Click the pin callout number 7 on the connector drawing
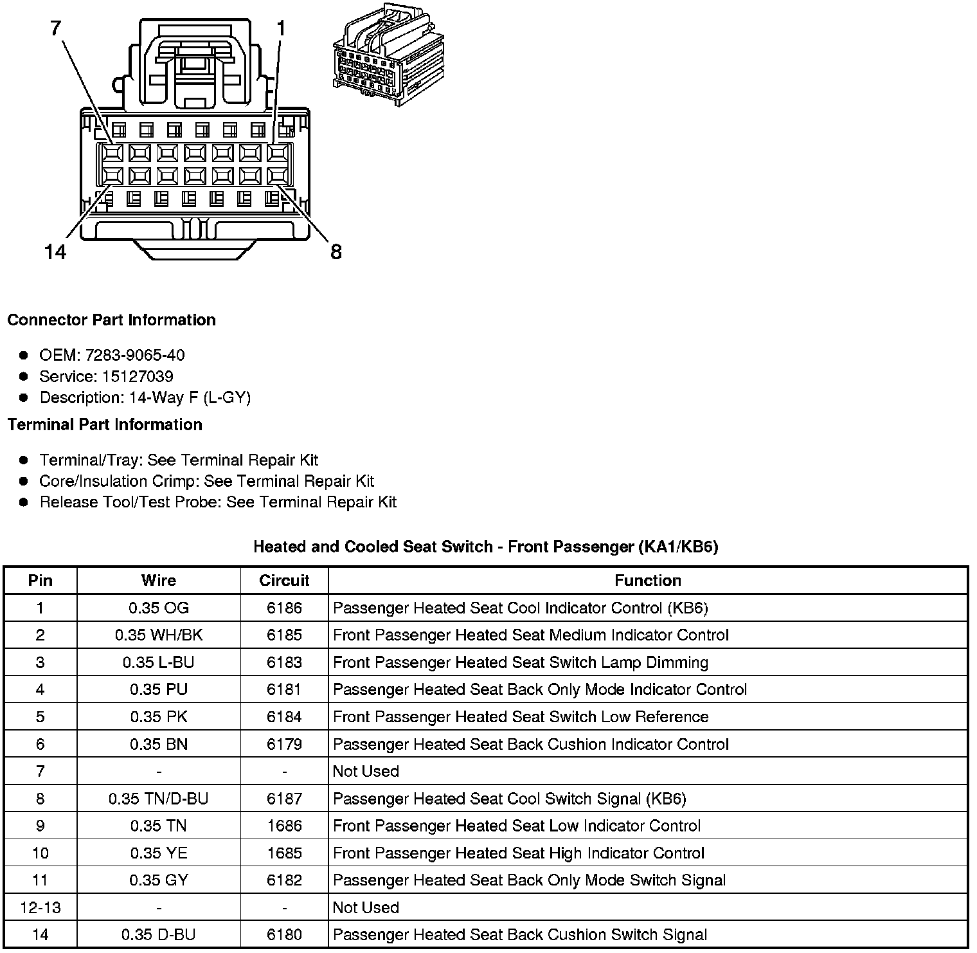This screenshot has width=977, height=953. [x=57, y=28]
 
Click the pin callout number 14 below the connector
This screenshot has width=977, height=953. [x=55, y=251]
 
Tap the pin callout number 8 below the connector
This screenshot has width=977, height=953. [x=336, y=251]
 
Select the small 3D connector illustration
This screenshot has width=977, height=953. [x=389, y=55]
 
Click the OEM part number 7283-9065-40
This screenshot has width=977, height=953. [x=135, y=355]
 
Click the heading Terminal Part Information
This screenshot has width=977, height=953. [x=105, y=424]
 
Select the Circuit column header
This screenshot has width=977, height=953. [x=284, y=581]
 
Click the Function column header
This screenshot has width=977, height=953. [x=647, y=581]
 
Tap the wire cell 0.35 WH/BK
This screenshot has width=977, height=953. [x=159, y=635]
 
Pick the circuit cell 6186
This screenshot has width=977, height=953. [x=284, y=608]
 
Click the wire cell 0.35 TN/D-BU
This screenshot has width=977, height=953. [x=159, y=799]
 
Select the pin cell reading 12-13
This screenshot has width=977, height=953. [x=40, y=907]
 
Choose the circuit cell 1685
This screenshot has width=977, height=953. [x=284, y=853]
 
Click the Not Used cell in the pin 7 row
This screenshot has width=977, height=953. [x=366, y=771]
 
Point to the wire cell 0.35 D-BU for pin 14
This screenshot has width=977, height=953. [x=159, y=935]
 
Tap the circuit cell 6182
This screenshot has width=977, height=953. [x=284, y=880]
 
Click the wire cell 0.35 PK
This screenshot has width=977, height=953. [x=159, y=717]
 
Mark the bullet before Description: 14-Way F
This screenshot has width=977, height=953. [x=24, y=397]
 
